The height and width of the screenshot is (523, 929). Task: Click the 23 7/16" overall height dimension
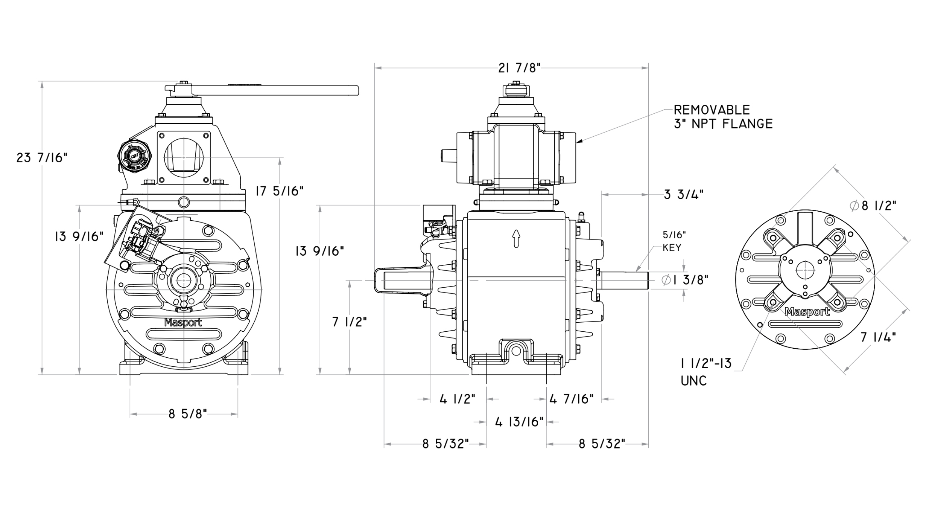tap(42, 158)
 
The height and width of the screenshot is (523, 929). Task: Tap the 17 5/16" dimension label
tap(279, 191)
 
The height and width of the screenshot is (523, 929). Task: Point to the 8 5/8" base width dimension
tap(187, 414)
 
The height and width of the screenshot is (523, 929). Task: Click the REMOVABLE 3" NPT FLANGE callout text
tap(722, 117)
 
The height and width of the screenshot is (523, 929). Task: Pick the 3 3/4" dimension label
tap(683, 195)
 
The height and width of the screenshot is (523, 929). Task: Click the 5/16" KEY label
tap(674, 241)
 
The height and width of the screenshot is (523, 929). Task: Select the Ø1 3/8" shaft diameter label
tap(685, 280)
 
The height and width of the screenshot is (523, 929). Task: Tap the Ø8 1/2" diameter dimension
tap(873, 206)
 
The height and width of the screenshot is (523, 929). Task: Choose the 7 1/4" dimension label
tap(878, 337)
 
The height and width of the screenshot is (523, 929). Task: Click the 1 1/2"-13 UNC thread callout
tap(705, 372)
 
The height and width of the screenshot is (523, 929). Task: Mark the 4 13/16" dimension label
tap(519, 422)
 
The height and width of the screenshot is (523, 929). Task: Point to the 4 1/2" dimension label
tap(457, 399)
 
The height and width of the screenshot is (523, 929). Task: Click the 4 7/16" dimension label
tap(571, 399)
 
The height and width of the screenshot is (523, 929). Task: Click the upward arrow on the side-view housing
tap(516, 238)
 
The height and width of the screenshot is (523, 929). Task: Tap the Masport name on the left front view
tap(183, 323)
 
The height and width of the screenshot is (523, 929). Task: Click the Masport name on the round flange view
tap(807, 312)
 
